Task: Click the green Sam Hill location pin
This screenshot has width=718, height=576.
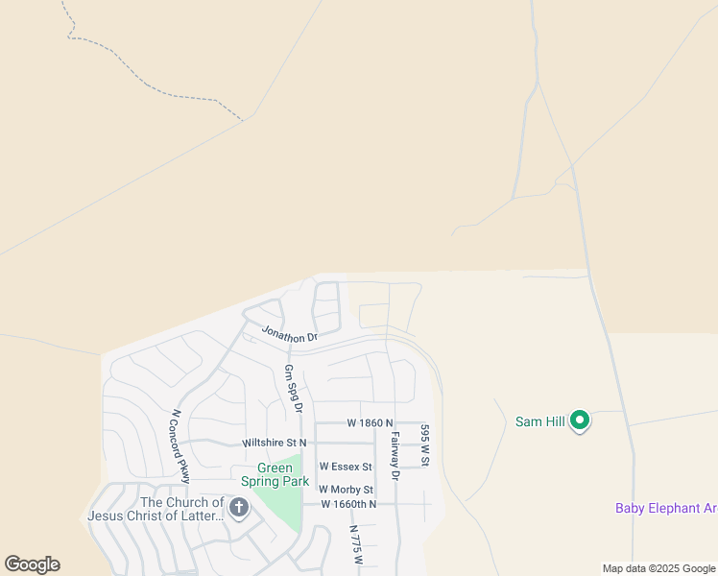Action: coord(580,420)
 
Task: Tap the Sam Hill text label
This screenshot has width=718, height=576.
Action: coord(538,421)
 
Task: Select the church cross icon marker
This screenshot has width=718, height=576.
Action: coord(238,508)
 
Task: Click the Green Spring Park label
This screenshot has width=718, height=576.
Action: coord(275,474)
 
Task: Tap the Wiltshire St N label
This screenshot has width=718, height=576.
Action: coord(275,443)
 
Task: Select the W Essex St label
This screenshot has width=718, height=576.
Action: coord(345,466)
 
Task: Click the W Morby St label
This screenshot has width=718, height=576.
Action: coord(346,490)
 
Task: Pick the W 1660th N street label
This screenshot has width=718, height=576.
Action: coord(348,504)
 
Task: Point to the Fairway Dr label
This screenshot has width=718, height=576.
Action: coord(394,455)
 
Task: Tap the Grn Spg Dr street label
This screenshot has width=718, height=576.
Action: coord(293,389)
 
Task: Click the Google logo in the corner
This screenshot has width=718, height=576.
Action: coord(33,564)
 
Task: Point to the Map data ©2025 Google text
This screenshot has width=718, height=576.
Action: coord(658,568)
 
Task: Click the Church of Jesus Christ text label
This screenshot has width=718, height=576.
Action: coord(156,509)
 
